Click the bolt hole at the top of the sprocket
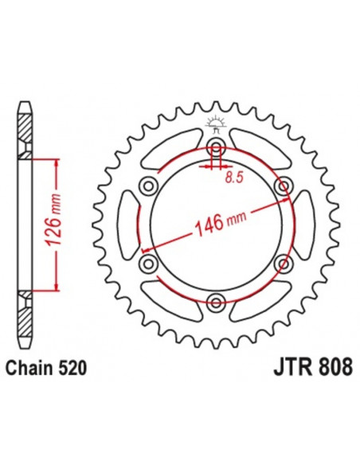point(214,147)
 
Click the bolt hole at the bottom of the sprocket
point(214,300)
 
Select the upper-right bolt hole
point(281,186)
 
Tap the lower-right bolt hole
point(281,262)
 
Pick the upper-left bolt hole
point(147,186)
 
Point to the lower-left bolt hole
point(147,262)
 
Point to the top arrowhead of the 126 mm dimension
point(56,162)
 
